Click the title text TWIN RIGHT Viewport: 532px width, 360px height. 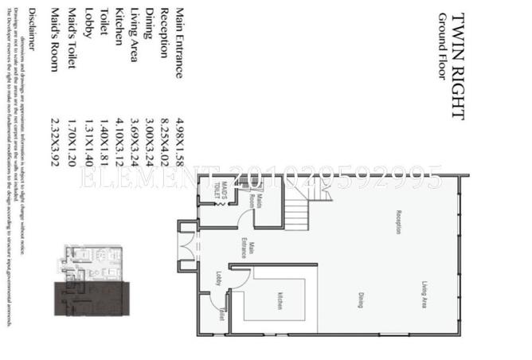click(457, 65)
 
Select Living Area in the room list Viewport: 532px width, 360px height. click(133, 41)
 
